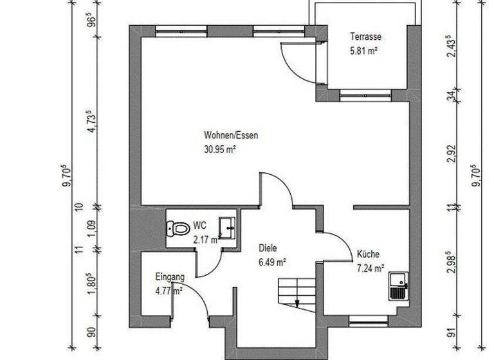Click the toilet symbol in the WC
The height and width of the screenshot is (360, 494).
(176, 228)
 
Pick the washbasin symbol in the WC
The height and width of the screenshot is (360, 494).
(227, 226)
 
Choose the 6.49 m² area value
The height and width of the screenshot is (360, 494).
(272, 262)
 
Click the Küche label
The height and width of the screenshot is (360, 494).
(368, 255)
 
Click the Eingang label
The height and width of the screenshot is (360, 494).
(170, 277)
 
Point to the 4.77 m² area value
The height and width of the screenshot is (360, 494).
(169, 290)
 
